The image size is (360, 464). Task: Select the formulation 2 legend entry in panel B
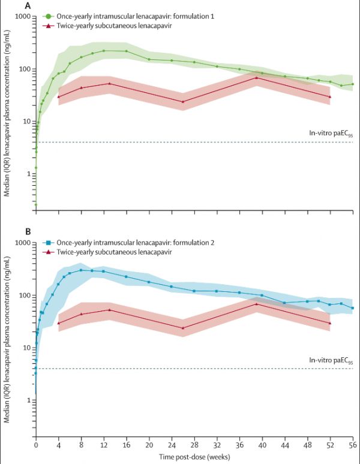tap(118, 243)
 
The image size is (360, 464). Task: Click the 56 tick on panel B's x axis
tap(353, 447)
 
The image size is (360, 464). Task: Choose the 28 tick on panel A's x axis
tap(194, 221)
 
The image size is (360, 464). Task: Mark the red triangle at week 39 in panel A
tap(256, 78)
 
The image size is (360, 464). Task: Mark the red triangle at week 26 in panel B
tap(183, 328)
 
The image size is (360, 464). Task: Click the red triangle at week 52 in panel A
tap(330, 97)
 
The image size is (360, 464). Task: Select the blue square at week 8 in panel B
tap(81, 270)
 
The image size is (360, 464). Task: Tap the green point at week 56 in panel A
tap(353, 84)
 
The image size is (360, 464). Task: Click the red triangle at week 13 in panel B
tap(109, 310)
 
